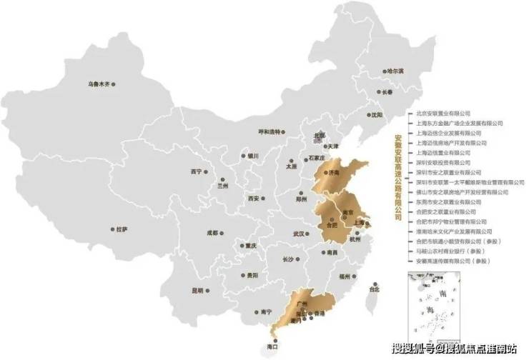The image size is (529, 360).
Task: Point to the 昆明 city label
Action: tap(197, 290)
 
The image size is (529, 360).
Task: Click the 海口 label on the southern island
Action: tap(272, 346)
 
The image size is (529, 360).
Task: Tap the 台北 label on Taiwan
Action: tap(374, 289)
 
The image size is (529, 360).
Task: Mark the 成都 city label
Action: tap(212, 233)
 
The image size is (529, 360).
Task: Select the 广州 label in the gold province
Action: tap(293, 304)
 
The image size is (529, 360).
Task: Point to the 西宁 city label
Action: tap(197, 171)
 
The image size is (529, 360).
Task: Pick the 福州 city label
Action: tap(345, 275)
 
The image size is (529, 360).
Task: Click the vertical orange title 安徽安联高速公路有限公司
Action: tap(399, 178)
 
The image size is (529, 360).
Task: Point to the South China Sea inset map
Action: tap(433, 307)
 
